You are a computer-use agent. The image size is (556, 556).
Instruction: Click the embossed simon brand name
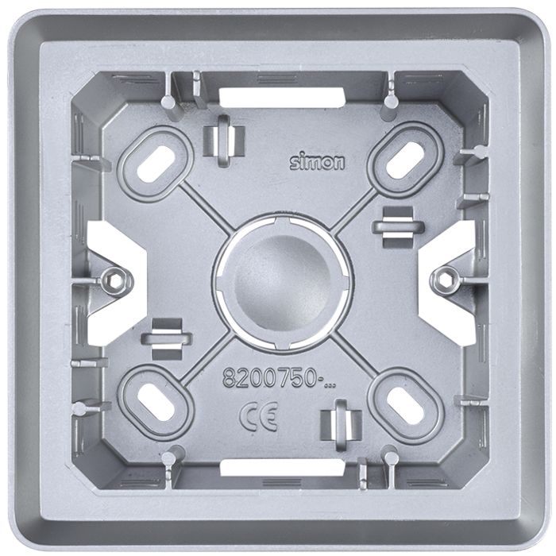pos(317,162)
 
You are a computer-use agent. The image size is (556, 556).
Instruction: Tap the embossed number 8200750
pos(268,377)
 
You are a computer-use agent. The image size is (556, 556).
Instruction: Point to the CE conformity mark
pos(258,417)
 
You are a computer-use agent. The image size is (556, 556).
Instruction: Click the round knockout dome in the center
pos(283,282)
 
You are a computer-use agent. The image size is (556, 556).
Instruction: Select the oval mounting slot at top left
pos(156,164)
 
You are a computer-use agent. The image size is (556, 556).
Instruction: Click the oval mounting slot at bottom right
pos(406,405)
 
